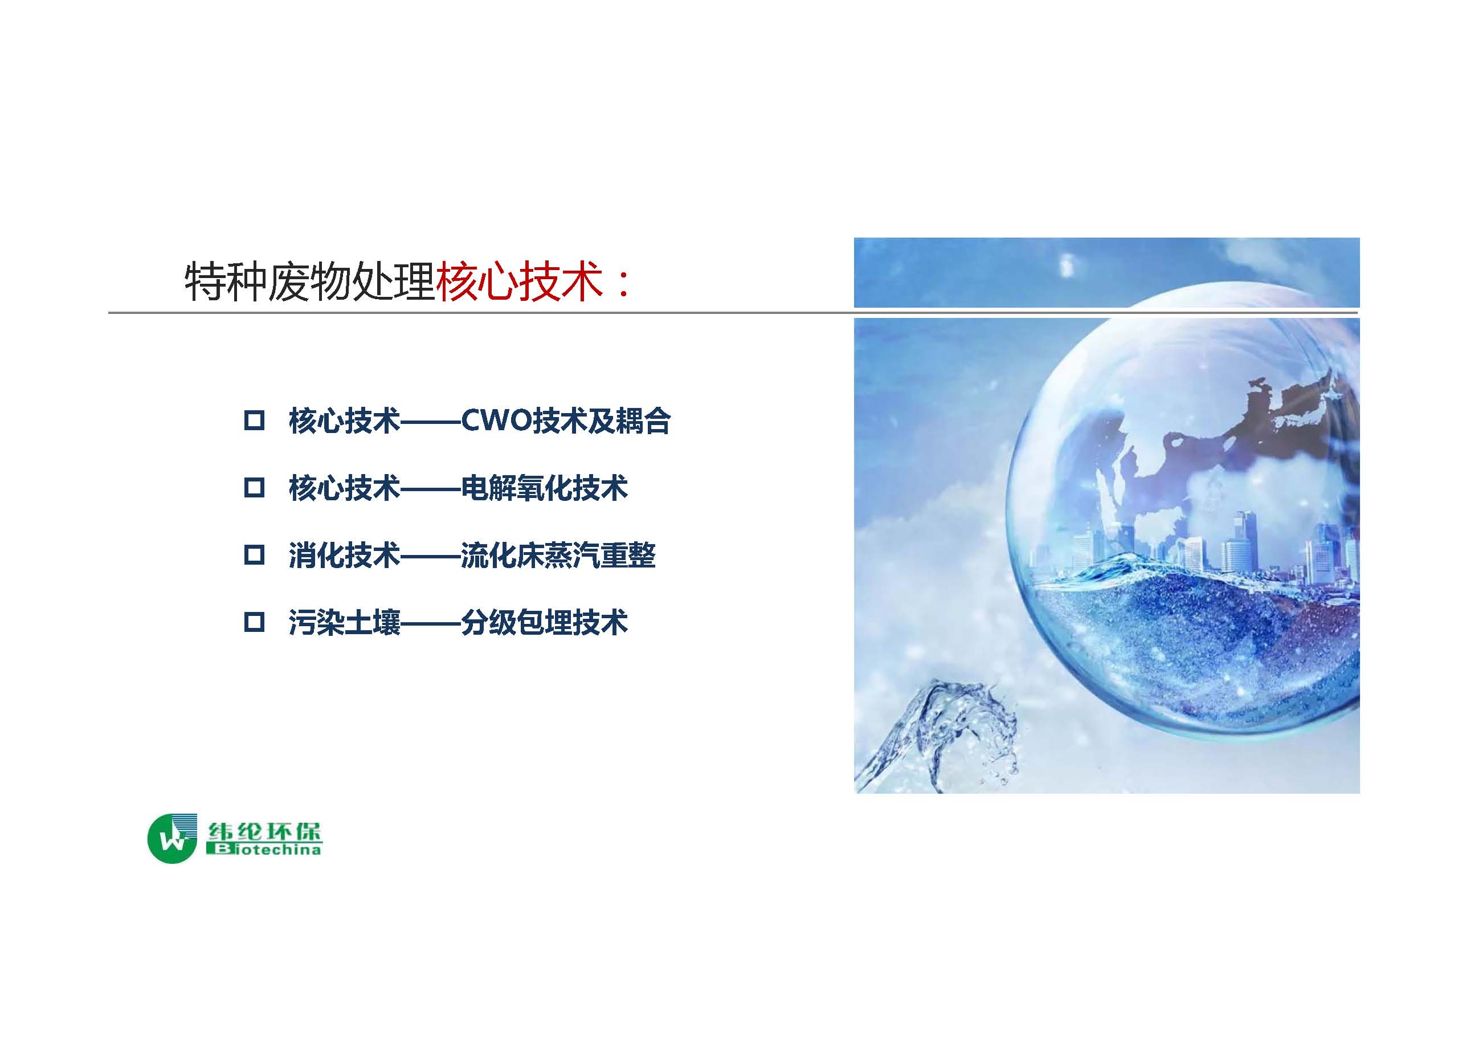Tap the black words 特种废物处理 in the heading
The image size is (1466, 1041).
pyautogui.click(x=309, y=281)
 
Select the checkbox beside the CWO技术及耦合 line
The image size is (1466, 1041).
pyautogui.click(x=255, y=421)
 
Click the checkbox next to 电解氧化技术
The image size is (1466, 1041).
pyautogui.click(x=255, y=488)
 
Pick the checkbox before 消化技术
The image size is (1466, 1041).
pyautogui.click(x=255, y=554)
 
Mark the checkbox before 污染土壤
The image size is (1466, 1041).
pyautogui.click(x=255, y=622)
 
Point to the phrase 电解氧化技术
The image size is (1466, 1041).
pyautogui.click(x=544, y=488)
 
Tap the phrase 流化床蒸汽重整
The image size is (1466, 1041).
pyautogui.click(x=558, y=555)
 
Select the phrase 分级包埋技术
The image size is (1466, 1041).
pyautogui.click(x=544, y=622)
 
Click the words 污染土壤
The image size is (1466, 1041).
pyautogui.click(x=344, y=622)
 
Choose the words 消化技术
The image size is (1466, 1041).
pyautogui.click(x=344, y=555)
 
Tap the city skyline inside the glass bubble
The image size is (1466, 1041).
pyautogui.click(x=1199, y=548)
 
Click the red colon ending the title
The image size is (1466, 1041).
pyautogui.click(x=621, y=284)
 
